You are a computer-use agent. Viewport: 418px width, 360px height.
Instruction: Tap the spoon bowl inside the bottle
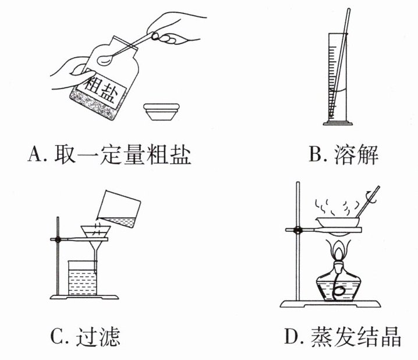click(107, 58)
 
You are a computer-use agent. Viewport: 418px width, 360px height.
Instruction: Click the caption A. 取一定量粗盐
click(109, 155)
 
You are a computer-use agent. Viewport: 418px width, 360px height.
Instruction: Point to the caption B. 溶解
click(343, 155)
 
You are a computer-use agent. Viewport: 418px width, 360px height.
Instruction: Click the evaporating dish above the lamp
click(338, 222)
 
